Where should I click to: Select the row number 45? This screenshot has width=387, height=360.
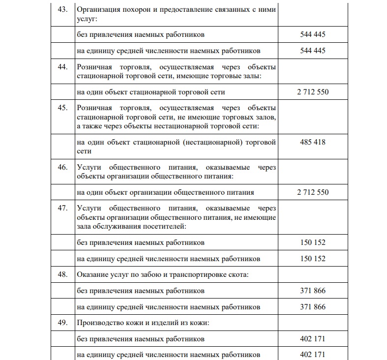tap(62, 108)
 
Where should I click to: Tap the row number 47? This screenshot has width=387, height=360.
tap(62, 208)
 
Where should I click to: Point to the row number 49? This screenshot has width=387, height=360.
tap(62, 324)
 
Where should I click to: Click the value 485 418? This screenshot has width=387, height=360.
tap(313, 142)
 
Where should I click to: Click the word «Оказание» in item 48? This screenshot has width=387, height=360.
tap(92, 274)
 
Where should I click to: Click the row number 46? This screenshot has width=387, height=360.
tap(62, 167)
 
